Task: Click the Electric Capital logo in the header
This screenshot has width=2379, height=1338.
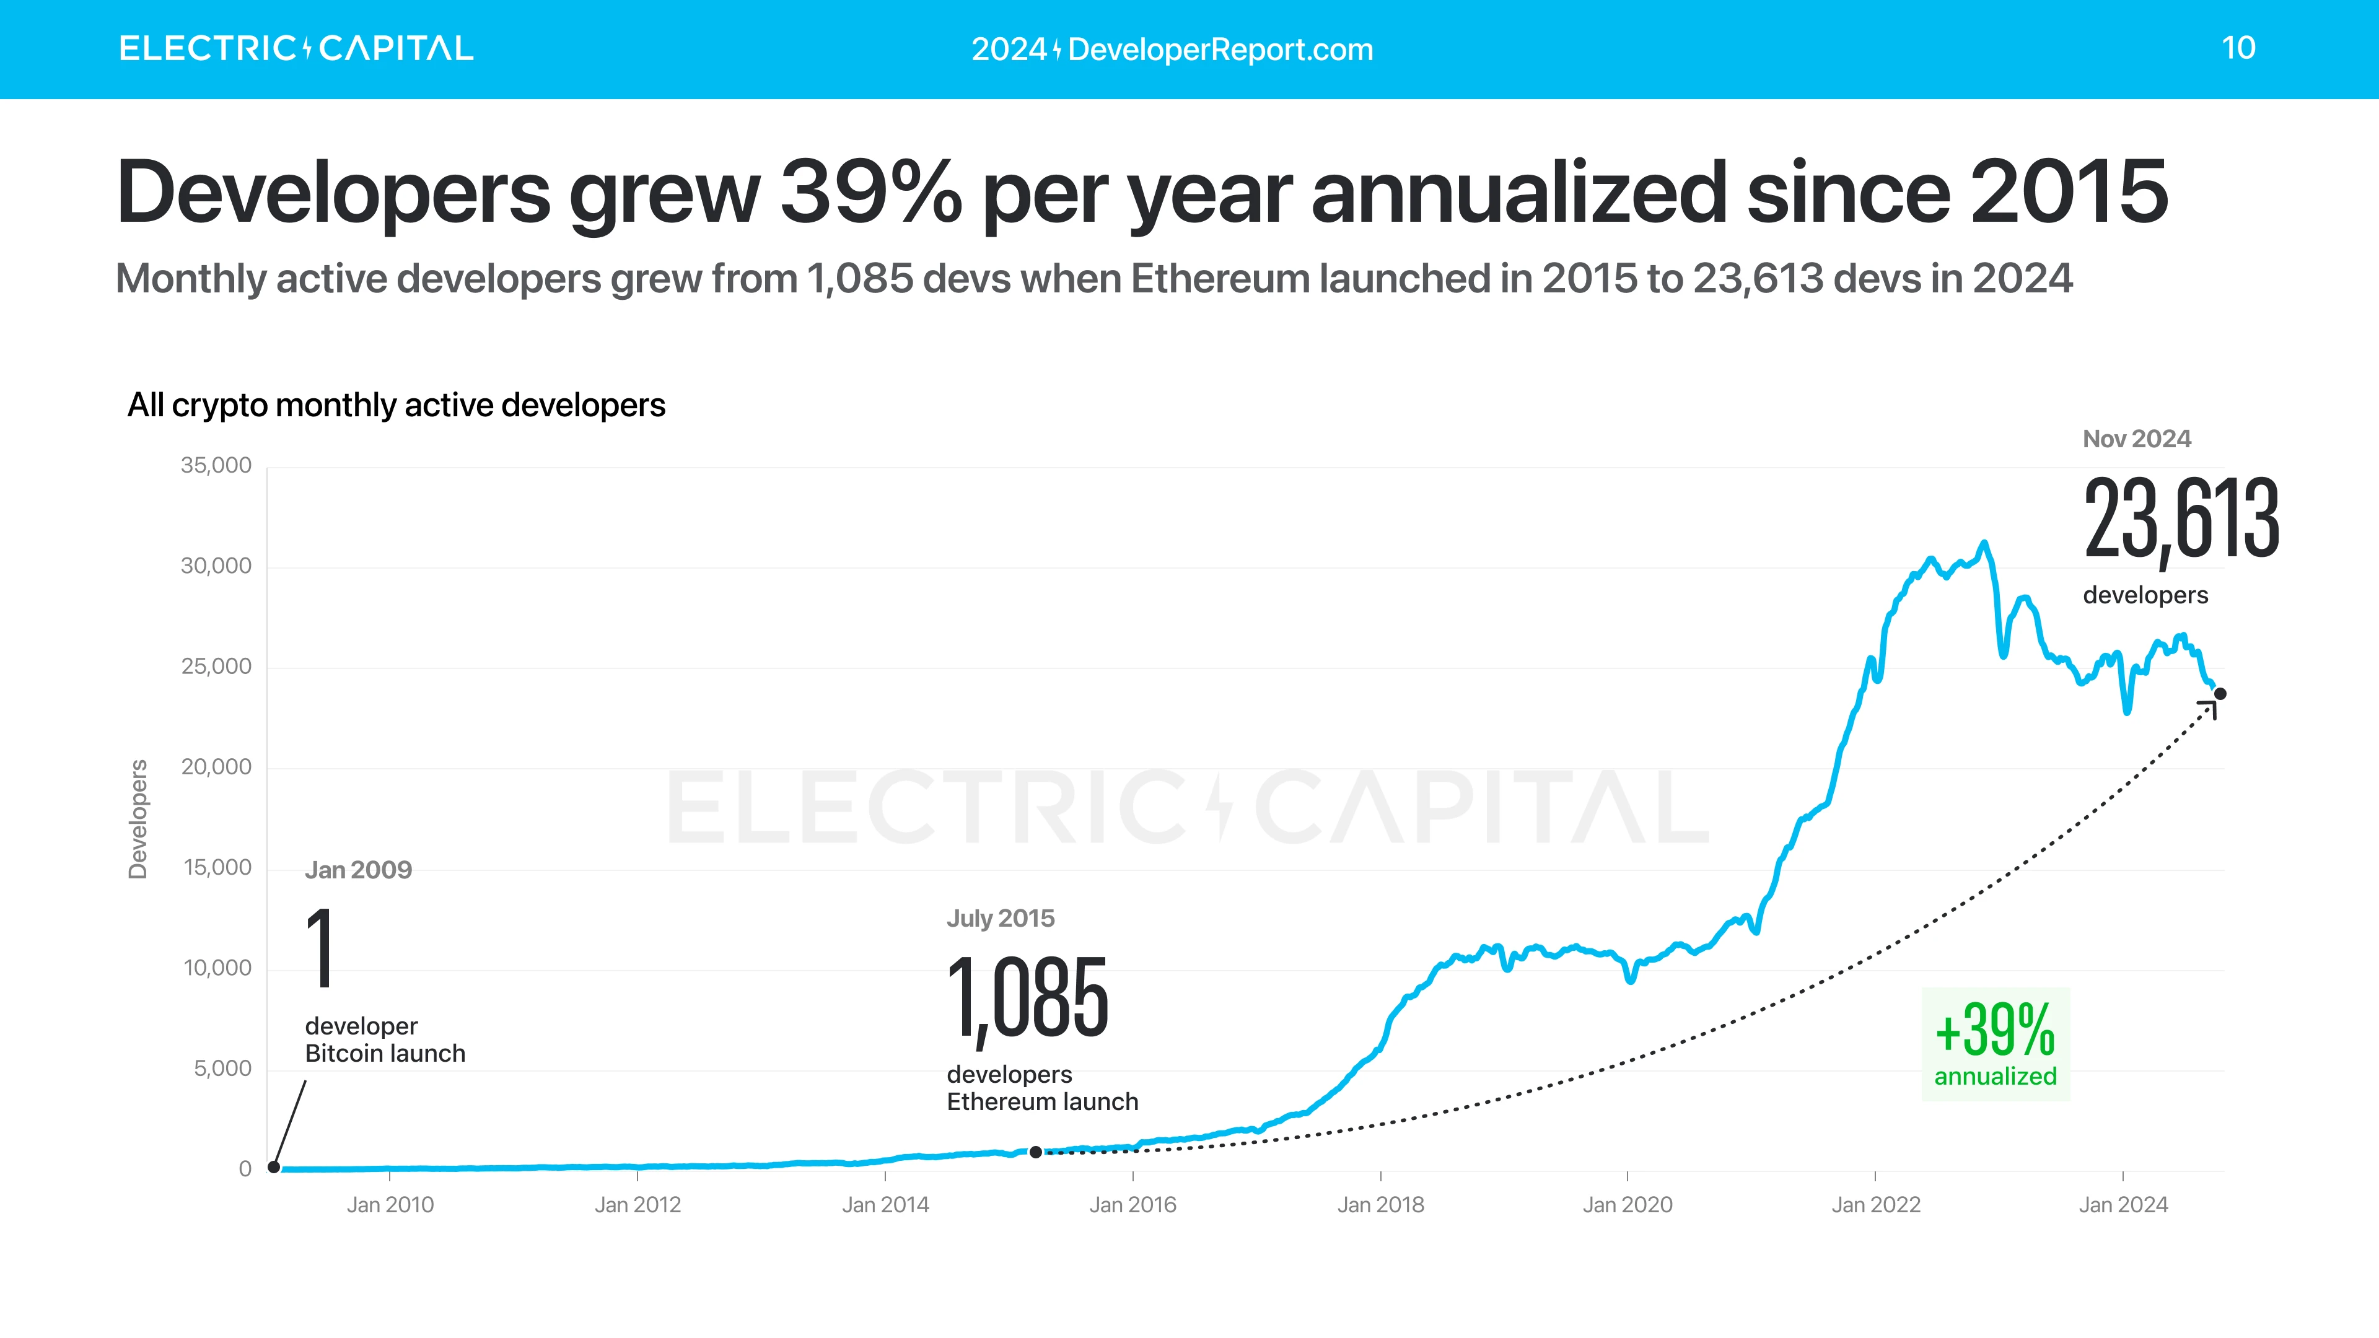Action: [x=296, y=48]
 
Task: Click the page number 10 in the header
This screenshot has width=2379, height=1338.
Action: [x=2238, y=48]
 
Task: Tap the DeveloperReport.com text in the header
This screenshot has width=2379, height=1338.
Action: [x=1220, y=49]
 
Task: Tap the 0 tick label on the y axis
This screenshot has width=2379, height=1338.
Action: [x=245, y=1169]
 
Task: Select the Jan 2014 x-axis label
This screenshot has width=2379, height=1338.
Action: [x=885, y=1205]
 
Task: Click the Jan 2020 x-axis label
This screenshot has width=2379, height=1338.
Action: [x=1628, y=1205]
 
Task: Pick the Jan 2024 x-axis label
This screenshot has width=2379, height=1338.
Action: [x=2123, y=1205]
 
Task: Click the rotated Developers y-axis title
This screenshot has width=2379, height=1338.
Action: [x=138, y=819]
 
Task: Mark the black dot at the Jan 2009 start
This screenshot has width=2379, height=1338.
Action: [x=273, y=1167]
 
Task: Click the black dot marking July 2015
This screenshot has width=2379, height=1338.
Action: [x=1035, y=1152]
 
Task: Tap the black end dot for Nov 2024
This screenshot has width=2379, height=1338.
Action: [x=2220, y=694]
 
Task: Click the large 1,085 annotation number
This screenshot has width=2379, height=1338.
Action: [x=1027, y=999]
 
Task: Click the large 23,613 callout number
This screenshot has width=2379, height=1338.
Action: [x=2181, y=520]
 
